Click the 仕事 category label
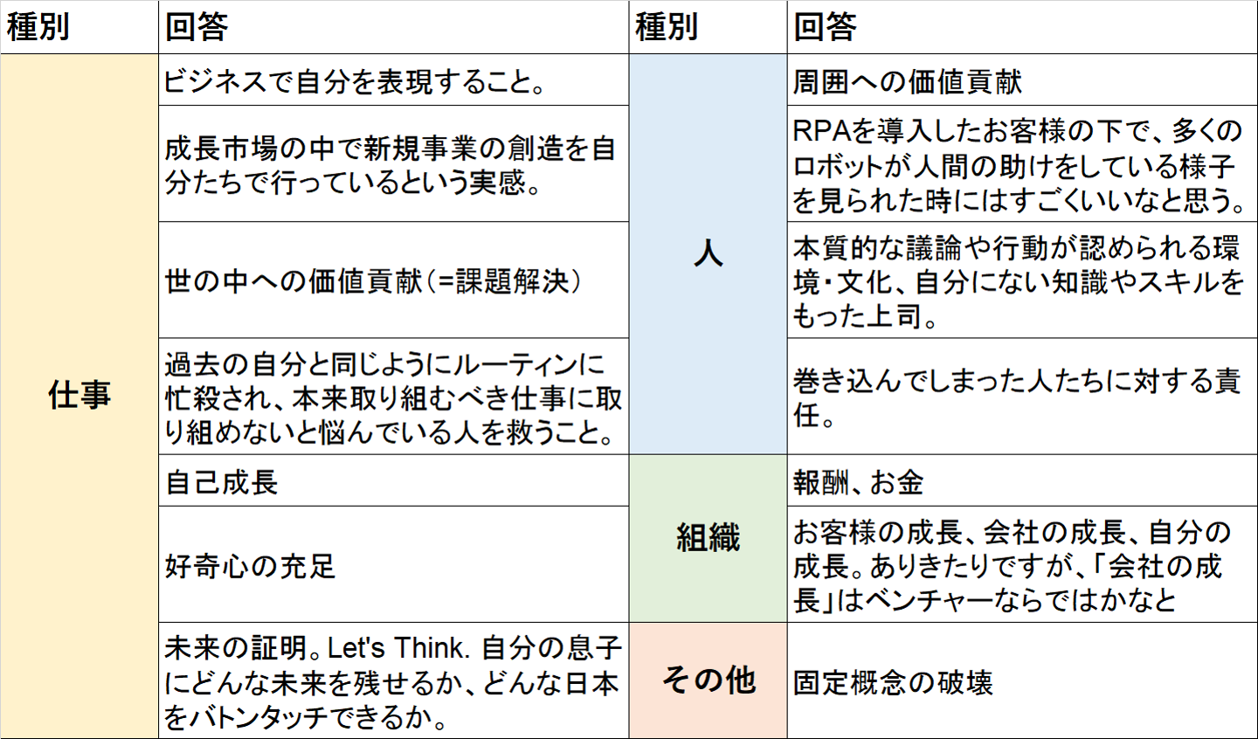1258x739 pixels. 79,395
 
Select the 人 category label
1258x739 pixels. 708,253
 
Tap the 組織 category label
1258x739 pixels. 708,537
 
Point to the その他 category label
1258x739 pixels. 708,680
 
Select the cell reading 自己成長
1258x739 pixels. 222,481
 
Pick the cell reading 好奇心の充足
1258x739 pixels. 251,566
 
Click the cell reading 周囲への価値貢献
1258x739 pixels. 908,81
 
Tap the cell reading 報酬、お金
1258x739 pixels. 859,481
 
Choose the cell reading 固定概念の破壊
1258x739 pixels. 893,681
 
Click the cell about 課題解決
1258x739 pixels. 373,281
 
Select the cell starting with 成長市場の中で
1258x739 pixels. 391,165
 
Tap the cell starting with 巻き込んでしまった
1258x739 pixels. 1016,397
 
